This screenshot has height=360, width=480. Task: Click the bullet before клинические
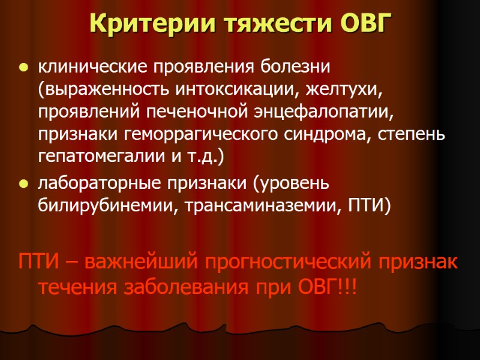(23, 65)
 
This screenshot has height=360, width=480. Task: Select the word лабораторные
(91, 184)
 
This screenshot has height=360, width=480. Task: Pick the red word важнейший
(140, 262)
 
